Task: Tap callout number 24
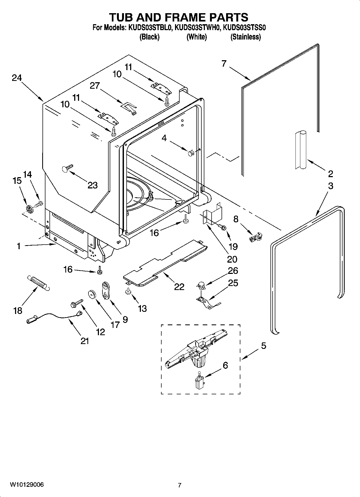pyautogui.click(x=17, y=78)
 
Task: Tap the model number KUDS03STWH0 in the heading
pyautogui.click(x=197, y=28)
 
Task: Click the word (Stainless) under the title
pyautogui.click(x=245, y=37)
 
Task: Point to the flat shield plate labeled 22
pyautogui.click(x=164, y=262)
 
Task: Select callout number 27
pyautogui.click(x=95, y=86)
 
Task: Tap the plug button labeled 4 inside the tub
pyautogui.click(x=191, y=153)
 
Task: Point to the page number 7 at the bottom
pyautogui.click(x=180, y=485)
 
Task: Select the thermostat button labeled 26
pyautogui.click(x=201, y=285)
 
